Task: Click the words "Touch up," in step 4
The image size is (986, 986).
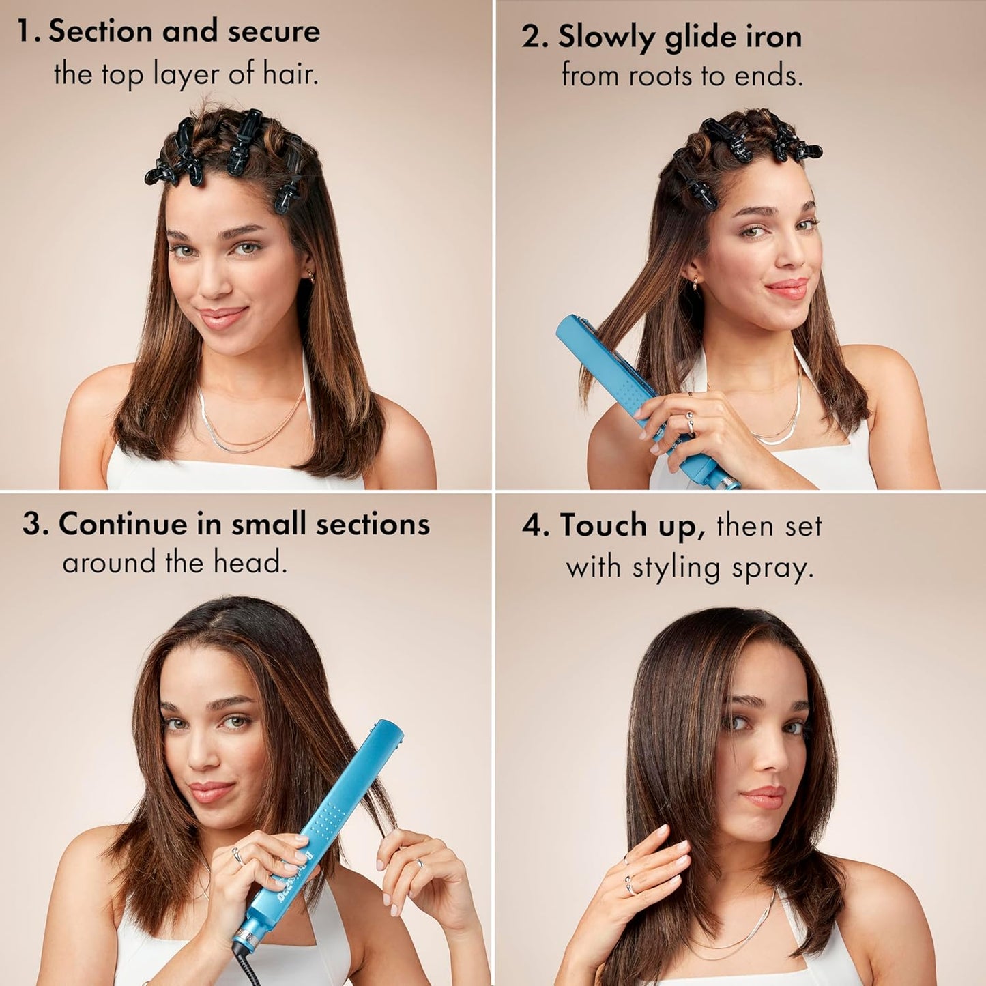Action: pyautogui.click(x=632, y=525)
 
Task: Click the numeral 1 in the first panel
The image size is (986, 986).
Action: pyautogui.click(x=25, y=32)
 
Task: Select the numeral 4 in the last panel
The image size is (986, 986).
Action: pyautogui.click(x=532, y=526)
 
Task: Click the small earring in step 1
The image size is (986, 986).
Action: pyautogui.click(x=311, y=277)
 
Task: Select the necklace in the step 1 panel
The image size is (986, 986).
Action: pyautogui.click(x=252, y=437)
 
